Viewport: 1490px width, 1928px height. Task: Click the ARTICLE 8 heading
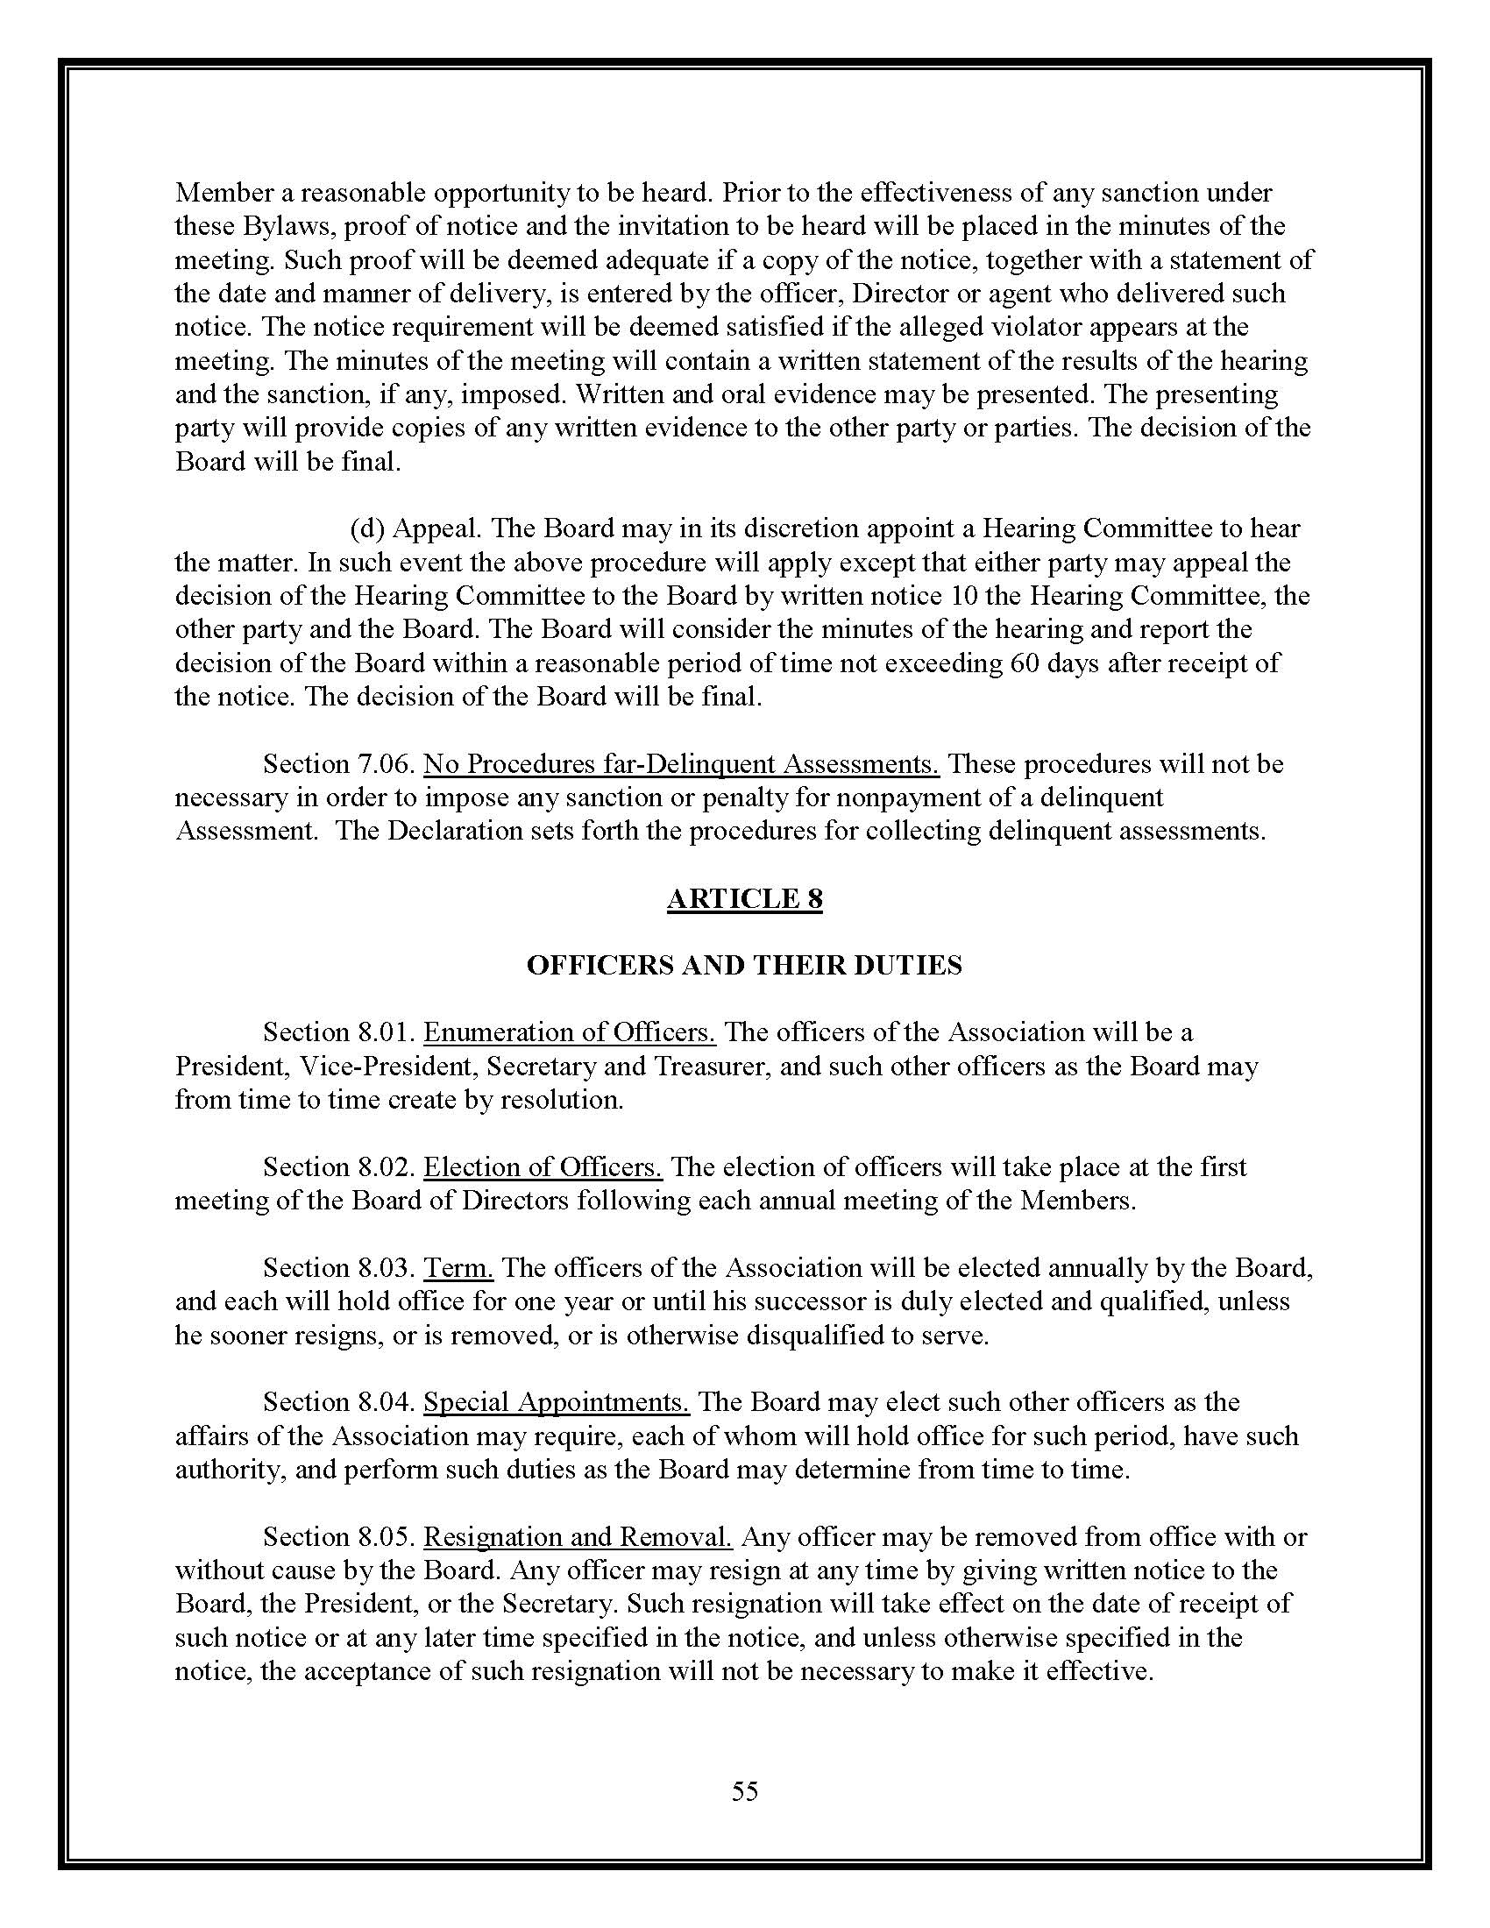tap(744, 898)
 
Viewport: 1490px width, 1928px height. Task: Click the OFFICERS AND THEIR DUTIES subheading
tap(744, 965)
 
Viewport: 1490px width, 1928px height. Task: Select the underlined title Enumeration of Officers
tap(570, 1032)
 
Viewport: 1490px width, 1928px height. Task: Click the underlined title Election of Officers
tap(543, 1167)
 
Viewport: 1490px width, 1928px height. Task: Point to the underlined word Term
tap(458, 1268)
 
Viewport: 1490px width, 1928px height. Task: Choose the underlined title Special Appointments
tap(556, 1403)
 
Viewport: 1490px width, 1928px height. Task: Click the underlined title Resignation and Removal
tap(578, 1537)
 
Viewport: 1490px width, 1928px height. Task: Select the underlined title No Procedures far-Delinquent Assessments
tap(681, 763)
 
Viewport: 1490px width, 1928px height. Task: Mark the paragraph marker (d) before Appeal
tap(366, 528)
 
